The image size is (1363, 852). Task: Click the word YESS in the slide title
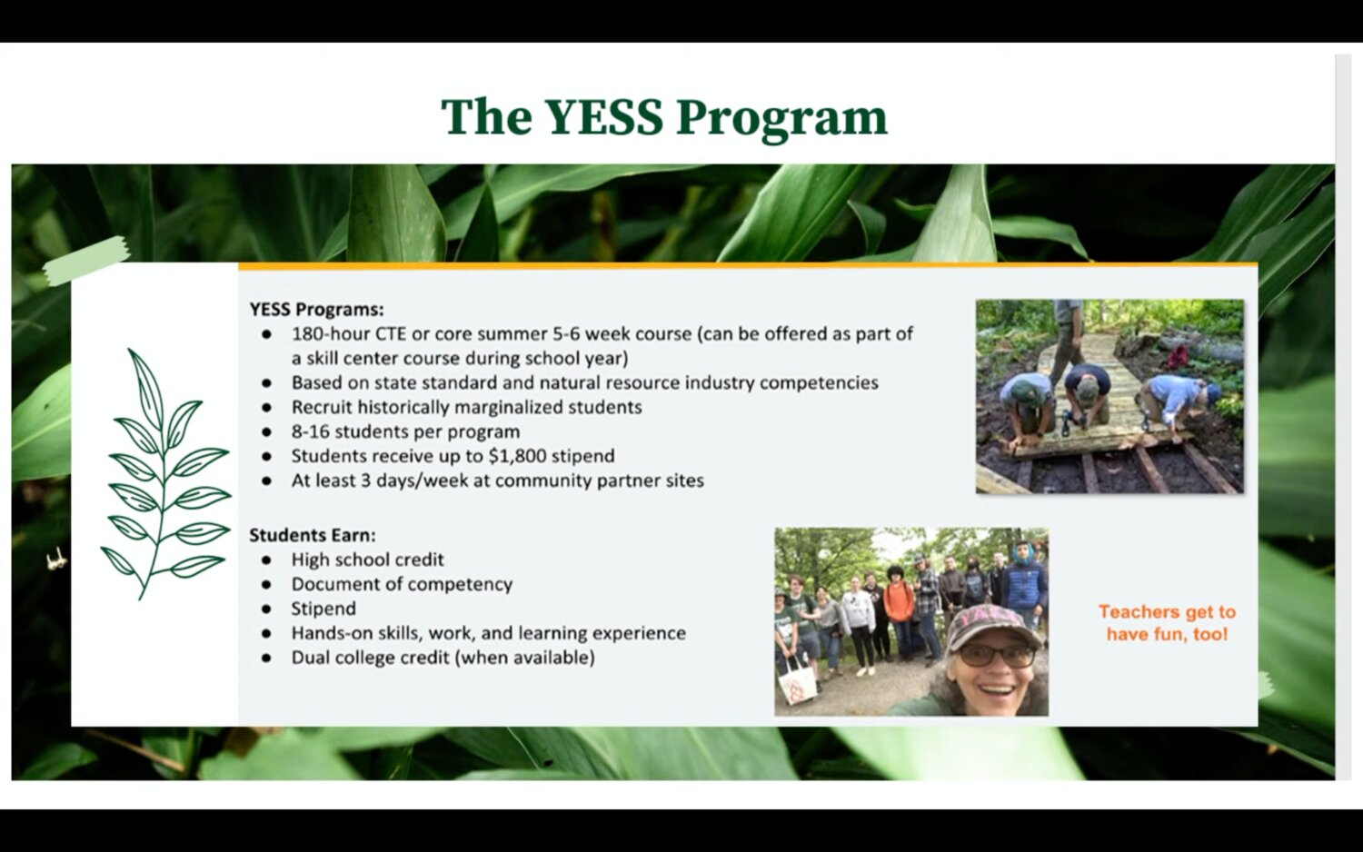point(603,117)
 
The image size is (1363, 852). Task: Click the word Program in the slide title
point(781,120)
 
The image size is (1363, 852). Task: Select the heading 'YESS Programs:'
point(316,310)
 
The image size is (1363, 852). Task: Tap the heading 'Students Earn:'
point(313,535)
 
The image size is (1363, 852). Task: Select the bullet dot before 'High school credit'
point(266,560)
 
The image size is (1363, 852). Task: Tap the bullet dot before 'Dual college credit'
point(266,658)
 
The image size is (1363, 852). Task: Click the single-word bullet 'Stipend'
point(323,609)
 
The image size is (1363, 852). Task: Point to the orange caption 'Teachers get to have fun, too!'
point(1167,623)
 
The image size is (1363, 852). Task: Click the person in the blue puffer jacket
point(1025,584)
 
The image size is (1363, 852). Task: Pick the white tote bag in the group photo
point(797,682)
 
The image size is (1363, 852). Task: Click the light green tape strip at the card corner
point(86,261)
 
